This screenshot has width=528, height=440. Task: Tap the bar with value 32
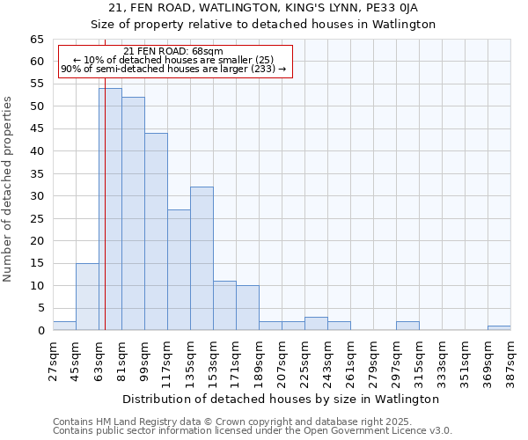pyautogui.click(x=202, y=259)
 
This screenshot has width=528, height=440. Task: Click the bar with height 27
pyautogui.click(x=179, y=269)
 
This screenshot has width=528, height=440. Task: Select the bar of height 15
pyautogui.click(x=87, y=297)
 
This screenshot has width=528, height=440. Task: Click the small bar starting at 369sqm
pyautogui.click(x=499, y=328)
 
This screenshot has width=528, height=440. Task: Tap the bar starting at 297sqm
pyautogui.click(x=407, y=326)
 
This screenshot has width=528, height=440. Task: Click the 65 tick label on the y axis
pyautogui.click(x=37, y=40)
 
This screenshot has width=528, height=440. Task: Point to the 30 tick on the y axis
pyautogui.click(x=37, y=196)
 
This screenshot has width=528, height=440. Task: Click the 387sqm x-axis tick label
pyautogui.click(x=511, y=357)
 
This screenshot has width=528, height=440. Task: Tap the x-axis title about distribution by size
pyautogui.click(x=281, y=400)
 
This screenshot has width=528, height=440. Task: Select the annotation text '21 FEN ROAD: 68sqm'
pyautogui.click(x=173, y=52)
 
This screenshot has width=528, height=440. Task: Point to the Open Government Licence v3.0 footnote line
pyautogui.click(x=253, y=431)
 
